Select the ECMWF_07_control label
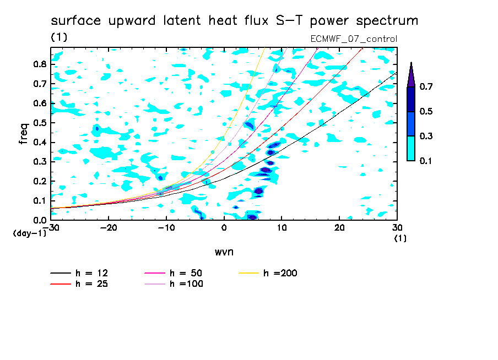click(x=354, y=39)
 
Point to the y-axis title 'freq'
click(x=24, y=134)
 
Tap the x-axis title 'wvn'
click(x=224, y=252)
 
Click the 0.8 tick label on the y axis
click(x=40, y=64)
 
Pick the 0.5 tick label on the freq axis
click(x=40, y=123)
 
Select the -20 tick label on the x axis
click(x=109, y=228)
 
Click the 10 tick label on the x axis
click(x=282, y=228)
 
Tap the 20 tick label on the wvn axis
click(x=339, y=228)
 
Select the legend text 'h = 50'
click(x=186, y=273)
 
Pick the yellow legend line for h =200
click(x=248, y=273)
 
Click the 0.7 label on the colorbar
click(x=426, y=86)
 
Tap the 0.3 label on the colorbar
click(x=426, y=136)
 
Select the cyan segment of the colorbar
click(x=411, y=149)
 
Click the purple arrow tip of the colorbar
click(x=412, y=62)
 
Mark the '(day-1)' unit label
click(x=30, y=233)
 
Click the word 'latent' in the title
click(x=182, y=20)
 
